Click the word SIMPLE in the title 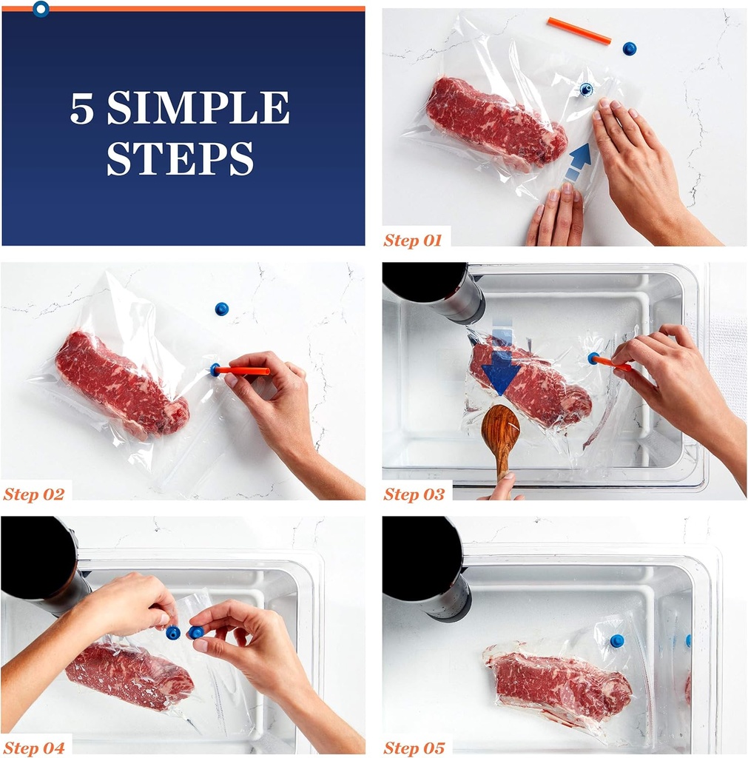(x=198, y=107)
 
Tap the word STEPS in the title (x=181, y=158)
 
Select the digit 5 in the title (x=81, y=108)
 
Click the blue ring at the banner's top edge (x=41, y=8)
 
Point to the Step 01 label (x=413, y=241)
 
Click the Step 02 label (x=34, y=494)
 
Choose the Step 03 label (x=414, y=494)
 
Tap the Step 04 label (x=34, y=748)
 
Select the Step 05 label (x=414, y=748)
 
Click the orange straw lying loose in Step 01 (x=579, y=31)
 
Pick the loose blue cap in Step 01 (x=629, y=48)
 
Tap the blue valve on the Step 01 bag (x=586, y=89)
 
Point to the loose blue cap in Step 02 (x=221, y=309)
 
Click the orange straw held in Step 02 (x=243, y=371)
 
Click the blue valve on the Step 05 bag (x=617, y=641)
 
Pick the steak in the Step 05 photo (x=558, y=681)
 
